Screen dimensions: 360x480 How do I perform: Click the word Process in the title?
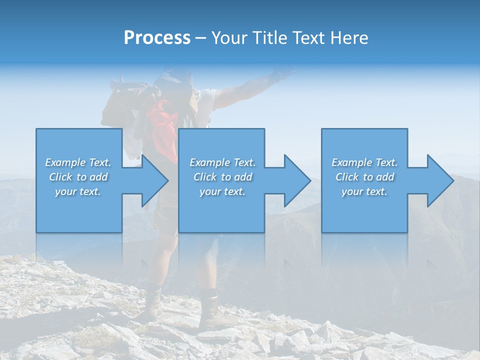[x=157, y=38]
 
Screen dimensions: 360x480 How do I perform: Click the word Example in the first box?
[x=65, y=162]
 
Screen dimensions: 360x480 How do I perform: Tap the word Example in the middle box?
[x=209, y=162]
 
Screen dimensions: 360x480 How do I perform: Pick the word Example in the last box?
[x=351, y=162]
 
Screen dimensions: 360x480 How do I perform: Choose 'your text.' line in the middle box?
[x=222, y=191]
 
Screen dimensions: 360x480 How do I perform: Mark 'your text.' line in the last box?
[x=364, y=191]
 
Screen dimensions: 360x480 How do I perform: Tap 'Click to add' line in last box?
[x=364, y=177]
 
